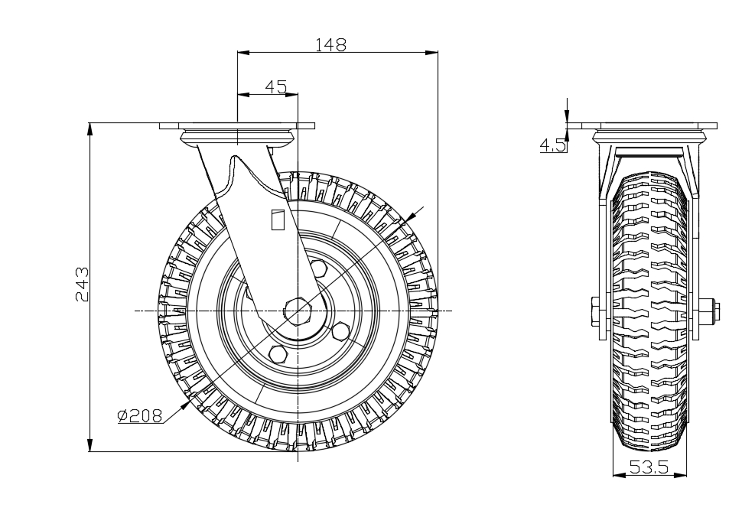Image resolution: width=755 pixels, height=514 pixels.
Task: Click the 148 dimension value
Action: click(x=330, y=44)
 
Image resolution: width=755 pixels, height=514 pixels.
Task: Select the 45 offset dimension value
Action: click(x=276, y=86)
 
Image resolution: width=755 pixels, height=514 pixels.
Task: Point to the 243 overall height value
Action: click(x=83, y=284)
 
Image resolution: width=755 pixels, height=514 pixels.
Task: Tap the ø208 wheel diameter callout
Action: click(x=140, y=415)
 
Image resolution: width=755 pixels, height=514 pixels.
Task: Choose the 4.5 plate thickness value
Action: click(x=553, y=145)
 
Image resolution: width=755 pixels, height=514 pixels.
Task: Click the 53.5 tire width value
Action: click(x=649, y=467)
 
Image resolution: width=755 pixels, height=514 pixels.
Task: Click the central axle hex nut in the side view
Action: click(x=298, y=311)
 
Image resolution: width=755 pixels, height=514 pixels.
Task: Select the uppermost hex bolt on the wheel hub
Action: click(x=318, y=267)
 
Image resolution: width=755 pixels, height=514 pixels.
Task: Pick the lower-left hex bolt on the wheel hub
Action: click(x=278, y=353)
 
